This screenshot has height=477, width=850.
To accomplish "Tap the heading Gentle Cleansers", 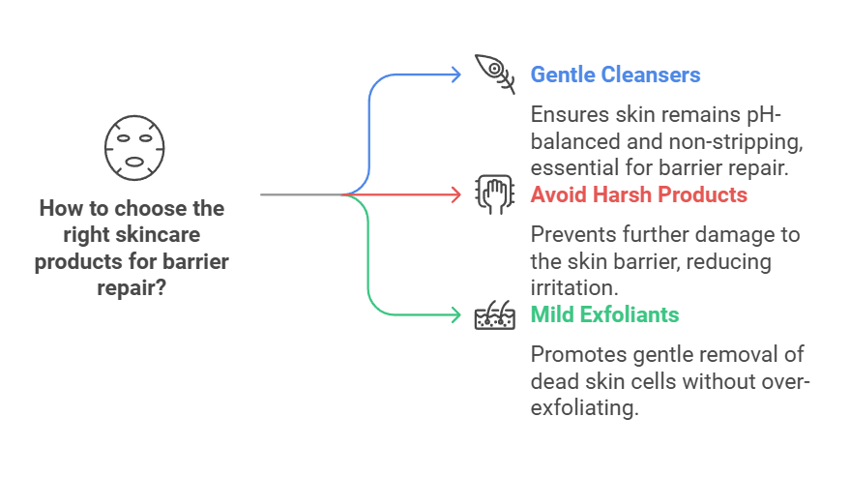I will (615, 75).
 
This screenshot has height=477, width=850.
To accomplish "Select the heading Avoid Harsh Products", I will (638, 194).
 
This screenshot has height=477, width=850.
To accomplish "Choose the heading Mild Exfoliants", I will (604, 314).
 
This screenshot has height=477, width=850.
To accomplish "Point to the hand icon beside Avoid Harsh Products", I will (494, 194).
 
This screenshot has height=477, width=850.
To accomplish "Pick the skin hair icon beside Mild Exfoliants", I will (494, 314).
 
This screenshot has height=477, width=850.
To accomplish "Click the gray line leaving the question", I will (300, 194).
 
